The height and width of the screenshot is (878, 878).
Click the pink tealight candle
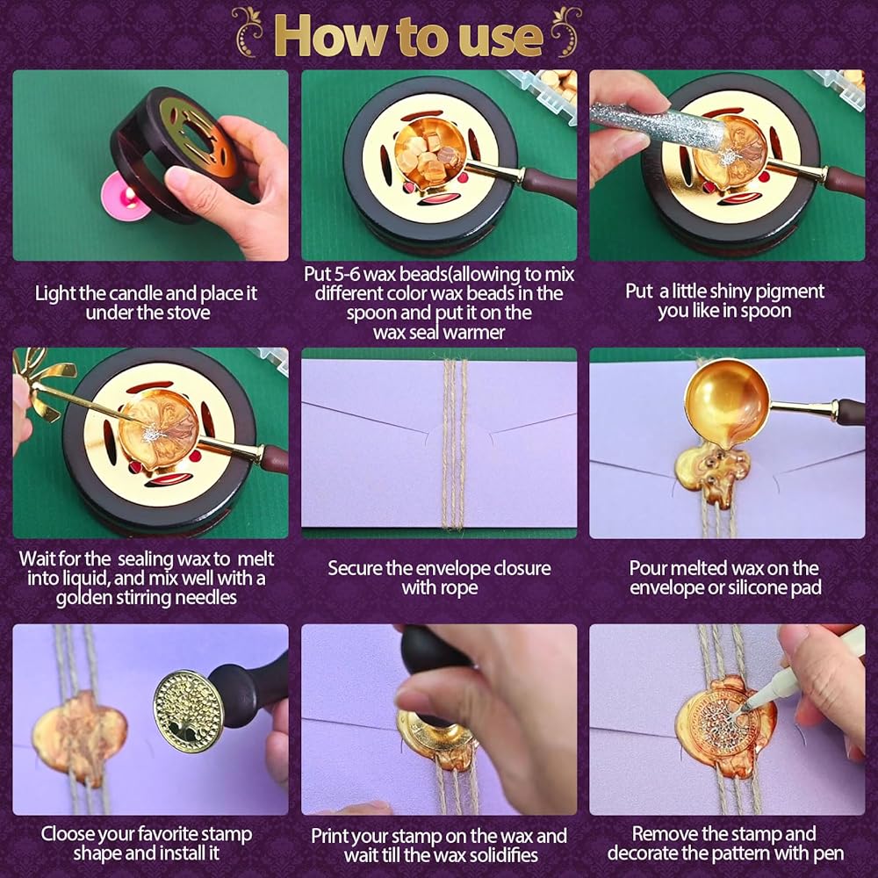click(x=126, y=197)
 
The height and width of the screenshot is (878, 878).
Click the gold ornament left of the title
click(x=248, y=32)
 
